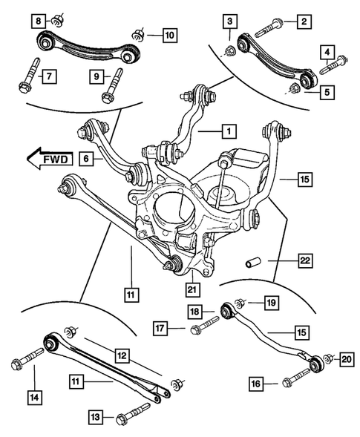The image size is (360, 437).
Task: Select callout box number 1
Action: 229,132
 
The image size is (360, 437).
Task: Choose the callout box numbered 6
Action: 87,157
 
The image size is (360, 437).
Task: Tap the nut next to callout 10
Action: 137,34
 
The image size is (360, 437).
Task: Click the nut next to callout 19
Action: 239,303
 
